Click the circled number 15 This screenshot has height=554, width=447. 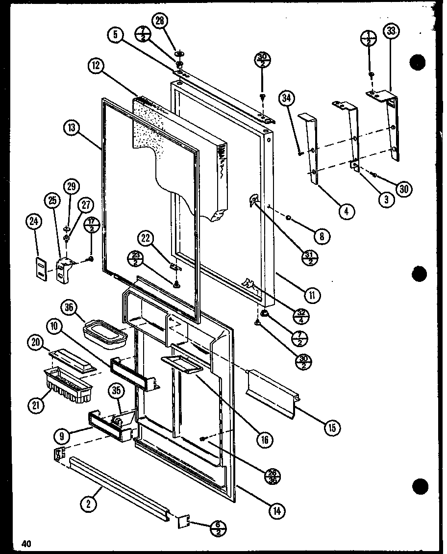click(x=332, y=428)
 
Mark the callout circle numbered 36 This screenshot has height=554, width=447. click(x=69, y=307)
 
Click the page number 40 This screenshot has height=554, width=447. click(x=26, y=543)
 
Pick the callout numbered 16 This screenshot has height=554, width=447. click(x=265, y=440)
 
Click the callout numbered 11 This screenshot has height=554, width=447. click(x=312, y=295)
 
